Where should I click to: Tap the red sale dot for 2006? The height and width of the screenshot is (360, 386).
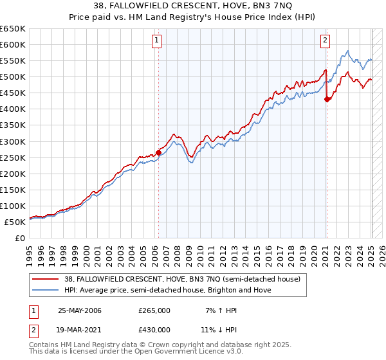point(159,152)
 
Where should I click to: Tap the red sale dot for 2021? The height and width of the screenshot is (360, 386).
point(327,99)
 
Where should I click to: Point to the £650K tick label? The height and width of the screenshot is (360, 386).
point(13,29)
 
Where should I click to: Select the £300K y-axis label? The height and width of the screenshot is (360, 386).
point(13,141)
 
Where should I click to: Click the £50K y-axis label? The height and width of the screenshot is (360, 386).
point(15,222)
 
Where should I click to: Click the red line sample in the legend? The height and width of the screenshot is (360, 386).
point(42,279)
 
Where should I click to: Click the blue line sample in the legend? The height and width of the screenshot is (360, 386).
point(42,290)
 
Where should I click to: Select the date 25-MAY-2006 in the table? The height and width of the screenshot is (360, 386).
point(80,310)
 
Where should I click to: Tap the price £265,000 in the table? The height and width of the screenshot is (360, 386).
point(154,310)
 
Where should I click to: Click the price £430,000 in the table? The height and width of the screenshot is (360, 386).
point(154,330)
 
